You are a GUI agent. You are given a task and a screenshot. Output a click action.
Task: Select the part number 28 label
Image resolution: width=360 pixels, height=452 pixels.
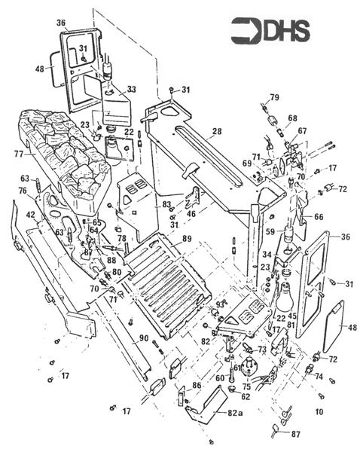[x=217, y=132]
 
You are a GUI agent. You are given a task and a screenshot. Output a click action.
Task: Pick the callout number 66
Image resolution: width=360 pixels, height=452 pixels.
[x=319, y=216]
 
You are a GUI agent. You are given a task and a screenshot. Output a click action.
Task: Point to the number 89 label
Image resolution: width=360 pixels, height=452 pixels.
[x=186, y=239]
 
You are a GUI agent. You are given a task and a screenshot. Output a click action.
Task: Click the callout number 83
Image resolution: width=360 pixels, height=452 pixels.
[x=166, y=205]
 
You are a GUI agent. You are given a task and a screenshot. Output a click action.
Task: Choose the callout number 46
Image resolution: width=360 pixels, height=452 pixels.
[x=191, y=215]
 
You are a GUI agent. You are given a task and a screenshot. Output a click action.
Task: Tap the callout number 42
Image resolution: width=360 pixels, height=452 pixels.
[x=31, y=215]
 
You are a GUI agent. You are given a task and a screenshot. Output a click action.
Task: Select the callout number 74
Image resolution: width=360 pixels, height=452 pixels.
[x=319, y=377]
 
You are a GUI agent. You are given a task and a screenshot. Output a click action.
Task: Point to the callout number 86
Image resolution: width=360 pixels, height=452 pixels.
[x=196, y=385]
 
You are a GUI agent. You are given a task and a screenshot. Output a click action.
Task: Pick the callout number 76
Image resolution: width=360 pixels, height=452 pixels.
[x=22, y=191]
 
